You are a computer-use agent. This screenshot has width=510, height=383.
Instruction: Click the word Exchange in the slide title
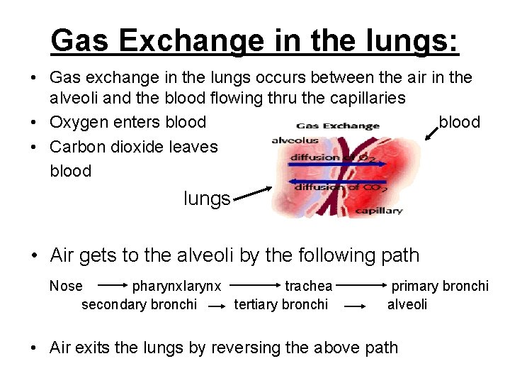pyautogui.click(x=181, y=41)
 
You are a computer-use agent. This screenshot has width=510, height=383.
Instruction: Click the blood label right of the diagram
pyautogui.click(x=460, y=122)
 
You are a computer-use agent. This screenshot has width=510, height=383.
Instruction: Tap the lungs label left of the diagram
pyautogui.click(x=207, y=199)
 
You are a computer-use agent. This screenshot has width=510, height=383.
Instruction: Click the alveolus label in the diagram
pyautogui.click(x=295, y=141)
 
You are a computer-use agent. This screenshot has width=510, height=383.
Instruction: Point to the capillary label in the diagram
pyautogui.click(x=378, y=211)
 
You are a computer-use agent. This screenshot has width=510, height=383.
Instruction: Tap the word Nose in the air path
pyautogui.click(x=66, y=286)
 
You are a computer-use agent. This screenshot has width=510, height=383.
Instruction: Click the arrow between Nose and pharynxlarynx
pyautogui.click(x=111, y=287)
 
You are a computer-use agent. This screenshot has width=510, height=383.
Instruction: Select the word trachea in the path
pyautogui.click(x=308, y=286)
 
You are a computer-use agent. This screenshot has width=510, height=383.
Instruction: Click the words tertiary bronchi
pyautogui.click(x=281, y=304)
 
